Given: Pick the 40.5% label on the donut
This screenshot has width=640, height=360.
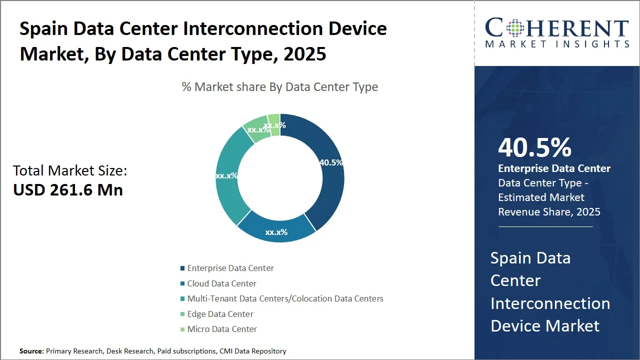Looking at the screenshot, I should [331, 162].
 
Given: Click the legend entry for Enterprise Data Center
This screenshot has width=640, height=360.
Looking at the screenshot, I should [230, 268].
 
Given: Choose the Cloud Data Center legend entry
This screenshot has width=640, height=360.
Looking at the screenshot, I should [221, 283].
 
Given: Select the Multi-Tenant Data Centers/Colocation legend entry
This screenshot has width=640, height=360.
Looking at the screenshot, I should [285, 298].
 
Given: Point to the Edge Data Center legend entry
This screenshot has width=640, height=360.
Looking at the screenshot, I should [220, 314].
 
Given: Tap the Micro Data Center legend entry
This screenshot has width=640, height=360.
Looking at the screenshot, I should [222, 329].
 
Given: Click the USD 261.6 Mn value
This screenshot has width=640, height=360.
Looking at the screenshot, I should [68, 189].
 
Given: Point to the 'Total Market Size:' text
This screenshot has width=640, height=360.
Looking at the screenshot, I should [70, 170].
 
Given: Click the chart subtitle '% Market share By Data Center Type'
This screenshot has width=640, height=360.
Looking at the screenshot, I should [280, 87].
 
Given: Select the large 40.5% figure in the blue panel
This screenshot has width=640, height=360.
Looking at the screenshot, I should [534, 148].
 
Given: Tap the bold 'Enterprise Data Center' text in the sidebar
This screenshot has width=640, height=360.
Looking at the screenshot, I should [554, 168].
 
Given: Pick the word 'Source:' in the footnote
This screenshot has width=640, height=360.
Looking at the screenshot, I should [31, 351].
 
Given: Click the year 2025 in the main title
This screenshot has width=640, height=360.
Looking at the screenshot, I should [305, 53].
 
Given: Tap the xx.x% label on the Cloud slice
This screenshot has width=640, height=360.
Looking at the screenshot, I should [276, 232].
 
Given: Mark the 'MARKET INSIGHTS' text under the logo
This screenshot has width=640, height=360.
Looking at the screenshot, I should [557, 44].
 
